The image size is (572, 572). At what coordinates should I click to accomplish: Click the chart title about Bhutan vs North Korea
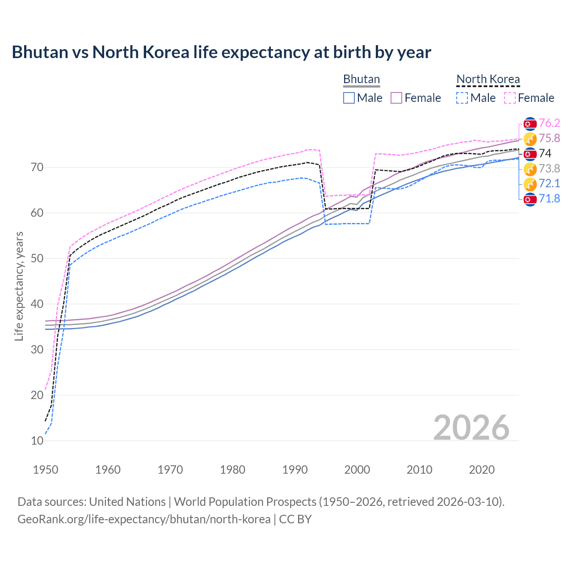pyautogui.click(x=221, y=52)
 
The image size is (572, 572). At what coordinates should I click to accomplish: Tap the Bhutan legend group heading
pyautogui.click(x=361, y=79)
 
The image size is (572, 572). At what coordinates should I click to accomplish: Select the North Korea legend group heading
pyautogui.click(x=488, y=79)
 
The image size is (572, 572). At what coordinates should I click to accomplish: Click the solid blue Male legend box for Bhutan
pyautogui.click(x=349, y=98)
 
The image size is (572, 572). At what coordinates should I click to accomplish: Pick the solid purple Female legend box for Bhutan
pyautogui.click(x=396, y=98)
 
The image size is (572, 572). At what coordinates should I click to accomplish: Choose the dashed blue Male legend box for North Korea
pyautogui.click(x=462, y=98)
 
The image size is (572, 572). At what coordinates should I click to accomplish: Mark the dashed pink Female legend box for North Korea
pyautogui.click(x=510, y=98)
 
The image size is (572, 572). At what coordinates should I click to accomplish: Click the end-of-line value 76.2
pyautogui.click(x=549, y=123)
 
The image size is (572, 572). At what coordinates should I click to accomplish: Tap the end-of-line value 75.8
pyautogui.click(x=549, y=139)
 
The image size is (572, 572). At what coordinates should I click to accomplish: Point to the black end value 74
pyautogui.click(x=545, y=154)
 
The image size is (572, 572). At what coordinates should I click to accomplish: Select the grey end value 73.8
pyautogui.click(x=549, y=169)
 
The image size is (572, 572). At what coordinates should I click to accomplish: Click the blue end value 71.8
pyautogui.click(x=549, y=199)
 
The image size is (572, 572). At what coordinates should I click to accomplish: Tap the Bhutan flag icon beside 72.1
pyautogui.click(x=530, y=184)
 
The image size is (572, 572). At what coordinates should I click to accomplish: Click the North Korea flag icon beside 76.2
pyautogui.click(x=530, y=124)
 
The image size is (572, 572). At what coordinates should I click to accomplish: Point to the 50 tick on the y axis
pyautogui.click(x=38, y=258)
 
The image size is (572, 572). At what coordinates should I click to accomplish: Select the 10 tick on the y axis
pyautogui.click(x=38, y=441)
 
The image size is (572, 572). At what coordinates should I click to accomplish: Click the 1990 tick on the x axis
pyautogui.click(x=295, y=470)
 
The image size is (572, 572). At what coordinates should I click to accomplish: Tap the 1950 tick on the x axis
pyautogui.click(x=46, y=470)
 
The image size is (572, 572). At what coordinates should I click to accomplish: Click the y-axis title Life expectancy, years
pyautogui.click(x=19, y=286)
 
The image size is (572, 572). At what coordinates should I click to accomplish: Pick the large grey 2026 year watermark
pyautogui.click(x=471, y=428)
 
